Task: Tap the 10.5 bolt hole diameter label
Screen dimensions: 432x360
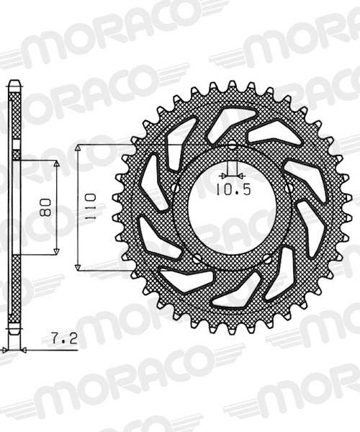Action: (x=232, y=190)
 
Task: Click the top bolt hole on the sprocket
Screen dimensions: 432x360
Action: (x=233, y=147)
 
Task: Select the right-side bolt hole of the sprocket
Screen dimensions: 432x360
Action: (x=289, y=188)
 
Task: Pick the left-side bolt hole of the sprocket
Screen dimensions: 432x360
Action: (x=176, y=189)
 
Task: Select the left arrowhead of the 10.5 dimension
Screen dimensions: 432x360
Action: (x=225, y=174)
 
